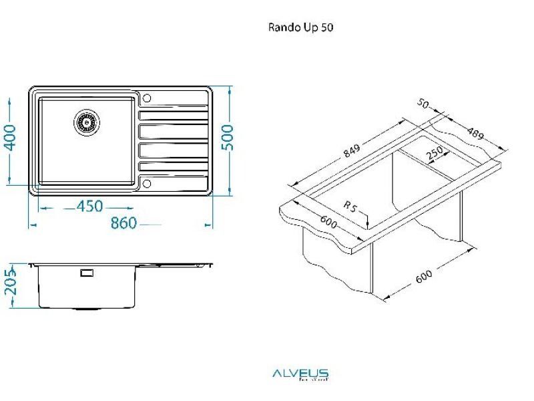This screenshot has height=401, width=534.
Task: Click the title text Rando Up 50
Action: (x=300, y=27)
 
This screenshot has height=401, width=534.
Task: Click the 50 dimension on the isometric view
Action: (x=423, y=104)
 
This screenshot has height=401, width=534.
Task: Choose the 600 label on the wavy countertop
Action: (x=328, y=223)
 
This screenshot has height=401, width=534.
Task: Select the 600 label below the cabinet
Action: (x=424, y=275)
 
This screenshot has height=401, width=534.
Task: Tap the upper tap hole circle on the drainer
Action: (x=148, y=98)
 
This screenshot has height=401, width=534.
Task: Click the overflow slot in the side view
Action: (x=87, y=273)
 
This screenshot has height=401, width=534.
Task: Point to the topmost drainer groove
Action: (x=173, y=115)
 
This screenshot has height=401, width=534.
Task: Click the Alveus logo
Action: (x=300, y=374)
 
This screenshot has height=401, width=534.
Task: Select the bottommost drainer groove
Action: (x=173, y=166)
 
